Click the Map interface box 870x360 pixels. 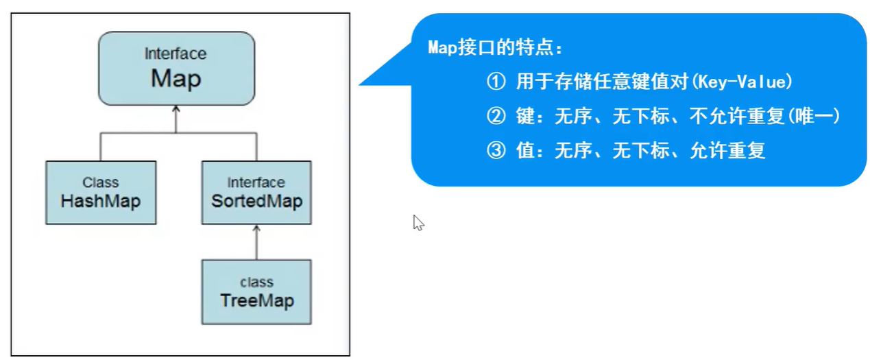(x=176, y=69)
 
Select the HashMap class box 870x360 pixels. (x=101, y=193)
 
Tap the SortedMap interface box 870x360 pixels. (x=256, y=193)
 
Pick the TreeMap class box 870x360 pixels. (x=256, y=292)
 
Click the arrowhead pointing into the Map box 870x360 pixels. (x=176, y=109)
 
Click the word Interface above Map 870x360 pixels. (x=176, y=53)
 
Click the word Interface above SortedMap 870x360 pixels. (x=256, y=182)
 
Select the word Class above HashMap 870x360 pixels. (x=101, y=182)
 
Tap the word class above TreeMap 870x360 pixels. (x=256, y=282)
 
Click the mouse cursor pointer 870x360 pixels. (x=418, y=222)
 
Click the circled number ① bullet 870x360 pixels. (x=495, y=82)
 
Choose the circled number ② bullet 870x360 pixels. (x=495, y=117)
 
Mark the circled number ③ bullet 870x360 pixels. (x=495, y=151)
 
